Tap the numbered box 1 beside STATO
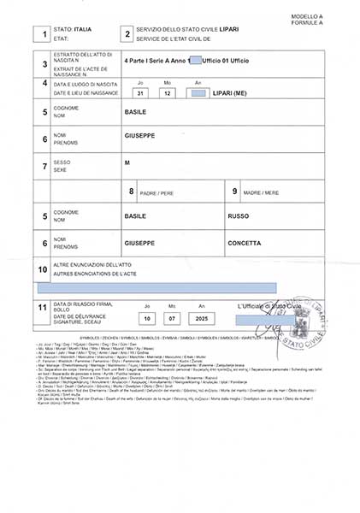tap(37, 34)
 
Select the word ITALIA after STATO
tap(83, 29)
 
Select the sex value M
tap(127, 162)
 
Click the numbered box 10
tap(42, 271)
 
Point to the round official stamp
tap(303, 322)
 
